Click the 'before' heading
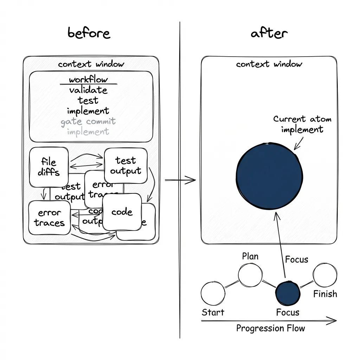(89, 33)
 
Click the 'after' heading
(269, 33)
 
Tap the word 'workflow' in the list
(88, 79)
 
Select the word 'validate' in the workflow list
(88, 90)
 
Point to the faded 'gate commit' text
(88, 122)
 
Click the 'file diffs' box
(49, 167)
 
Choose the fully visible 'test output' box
(126, 166)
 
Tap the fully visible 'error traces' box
(50, 218)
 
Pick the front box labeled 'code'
(122, 212)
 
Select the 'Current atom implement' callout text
(302, 124)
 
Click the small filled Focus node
(288, 294)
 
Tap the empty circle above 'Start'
(213, 293)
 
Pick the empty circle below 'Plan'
(250, 275)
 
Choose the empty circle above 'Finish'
(325, 275)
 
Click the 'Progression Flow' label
(270, 328)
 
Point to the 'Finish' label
(325, 294)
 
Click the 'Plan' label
(250, 256)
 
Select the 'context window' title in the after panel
(269, 64)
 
